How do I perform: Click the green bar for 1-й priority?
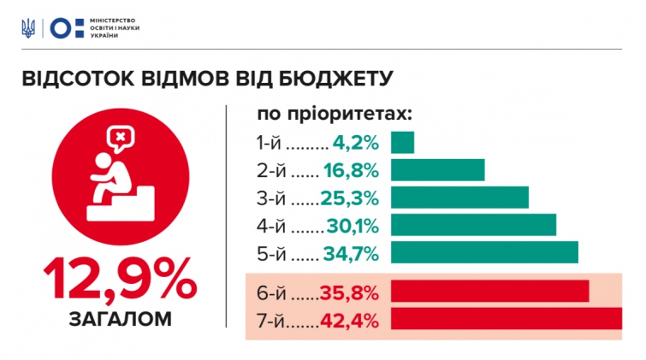402,142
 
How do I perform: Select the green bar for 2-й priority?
437,170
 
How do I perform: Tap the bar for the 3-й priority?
459,198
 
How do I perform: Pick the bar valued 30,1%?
473,225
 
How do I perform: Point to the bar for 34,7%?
484,252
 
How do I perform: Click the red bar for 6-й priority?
489,291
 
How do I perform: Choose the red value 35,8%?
349,292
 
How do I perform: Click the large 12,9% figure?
120,280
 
